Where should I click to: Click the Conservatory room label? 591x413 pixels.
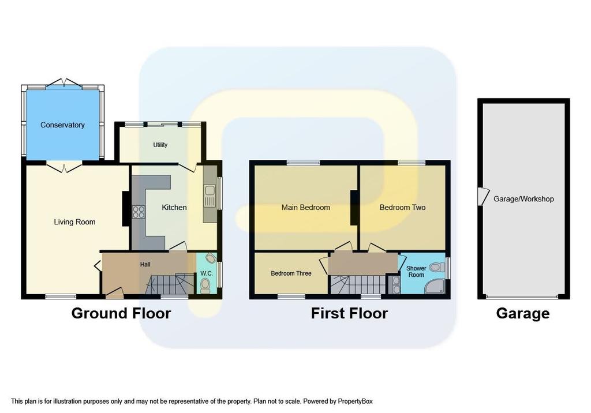[x=62, y=125]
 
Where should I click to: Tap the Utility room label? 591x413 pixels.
[x=160, y=145]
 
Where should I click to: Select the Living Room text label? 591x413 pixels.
[x=74, y=222]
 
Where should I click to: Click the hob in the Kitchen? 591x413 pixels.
[x=139, y=211]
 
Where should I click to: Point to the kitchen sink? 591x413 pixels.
[x=209, y=196]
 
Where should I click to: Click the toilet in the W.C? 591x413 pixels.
[x=205, y=286]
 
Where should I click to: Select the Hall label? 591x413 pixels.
[x=145, y=265]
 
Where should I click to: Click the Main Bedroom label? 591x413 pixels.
[x=306, y=208]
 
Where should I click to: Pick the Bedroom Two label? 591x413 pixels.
[x=402, y=208]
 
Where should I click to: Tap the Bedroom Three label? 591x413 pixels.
[x=291, y=273]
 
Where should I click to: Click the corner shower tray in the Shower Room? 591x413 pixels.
[x=435, y=287]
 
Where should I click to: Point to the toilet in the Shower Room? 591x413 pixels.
[x=435, y=267]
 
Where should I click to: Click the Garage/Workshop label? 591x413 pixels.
[x=523, y=199]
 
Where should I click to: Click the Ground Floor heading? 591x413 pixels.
[x=121, y=314]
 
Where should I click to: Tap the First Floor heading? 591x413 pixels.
[x=349, y=314]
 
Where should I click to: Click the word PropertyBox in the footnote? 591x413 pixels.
[x=355, y=401]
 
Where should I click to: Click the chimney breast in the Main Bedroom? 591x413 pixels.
[x=354, y=208]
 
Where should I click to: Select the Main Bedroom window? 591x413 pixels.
[x=303, y=163]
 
